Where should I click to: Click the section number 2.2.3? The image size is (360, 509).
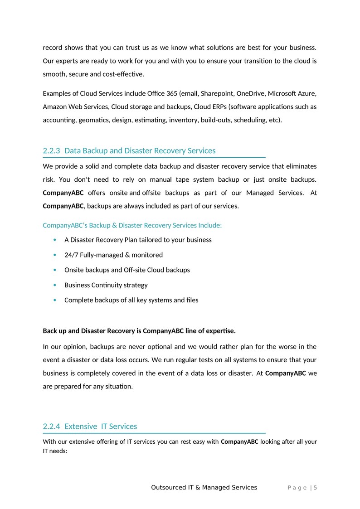(51, 150)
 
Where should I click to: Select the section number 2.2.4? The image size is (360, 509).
(51, 426)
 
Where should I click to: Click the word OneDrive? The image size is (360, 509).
(250, 94)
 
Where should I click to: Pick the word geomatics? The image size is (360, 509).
(93, 120)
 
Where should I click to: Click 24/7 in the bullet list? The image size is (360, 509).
(71, 255)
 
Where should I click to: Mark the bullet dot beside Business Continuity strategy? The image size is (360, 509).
(55, 285)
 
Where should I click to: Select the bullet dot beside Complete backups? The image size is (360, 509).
(55, 300)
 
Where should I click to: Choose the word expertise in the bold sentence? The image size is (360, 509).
(219, 330)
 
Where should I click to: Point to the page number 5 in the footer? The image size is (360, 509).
(315, 488)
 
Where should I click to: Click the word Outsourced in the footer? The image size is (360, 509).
(168, 488)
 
